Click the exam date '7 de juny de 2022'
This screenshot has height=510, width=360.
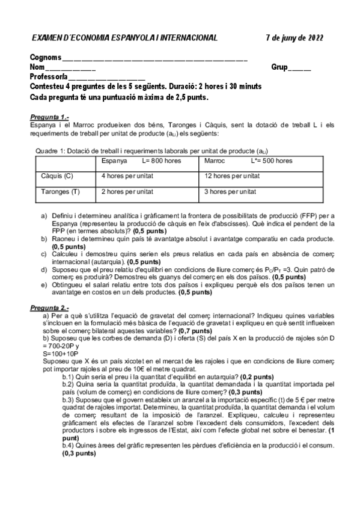pos(294,38)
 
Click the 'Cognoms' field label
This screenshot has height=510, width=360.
pos(45,58)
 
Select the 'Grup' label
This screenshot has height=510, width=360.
pos(279,68)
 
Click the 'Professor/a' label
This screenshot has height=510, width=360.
pos(48,78)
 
